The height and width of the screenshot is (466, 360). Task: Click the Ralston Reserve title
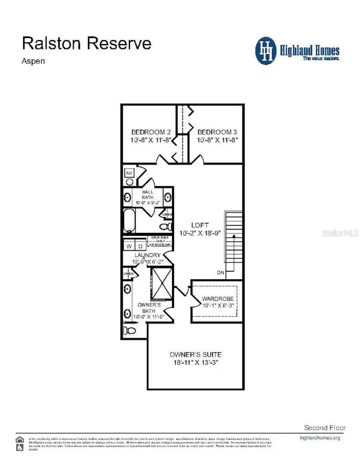tap(86, 43)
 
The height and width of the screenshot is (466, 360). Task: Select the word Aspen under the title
tap(33, 61)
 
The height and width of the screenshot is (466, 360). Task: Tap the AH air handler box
tap(129, 173)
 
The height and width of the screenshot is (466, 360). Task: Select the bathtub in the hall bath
tap(130, 221)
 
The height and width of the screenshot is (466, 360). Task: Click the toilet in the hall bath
tap(167, 227)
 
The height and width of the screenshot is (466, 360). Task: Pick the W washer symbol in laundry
tap(129, 246)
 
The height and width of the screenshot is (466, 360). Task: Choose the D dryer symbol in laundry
tap(140, 246)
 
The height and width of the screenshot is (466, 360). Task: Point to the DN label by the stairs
tap(221, 273)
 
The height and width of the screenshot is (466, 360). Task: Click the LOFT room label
tap(200, 225)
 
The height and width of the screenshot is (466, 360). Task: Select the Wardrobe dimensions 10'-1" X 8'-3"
tap(218, 306)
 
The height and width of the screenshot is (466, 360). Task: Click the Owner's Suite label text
tap(195, 354)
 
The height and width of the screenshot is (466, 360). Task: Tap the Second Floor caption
tap(325, 428)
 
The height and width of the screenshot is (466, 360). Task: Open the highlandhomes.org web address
tap(320, 438)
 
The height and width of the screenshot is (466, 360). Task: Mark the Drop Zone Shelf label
tap(160, 241)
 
